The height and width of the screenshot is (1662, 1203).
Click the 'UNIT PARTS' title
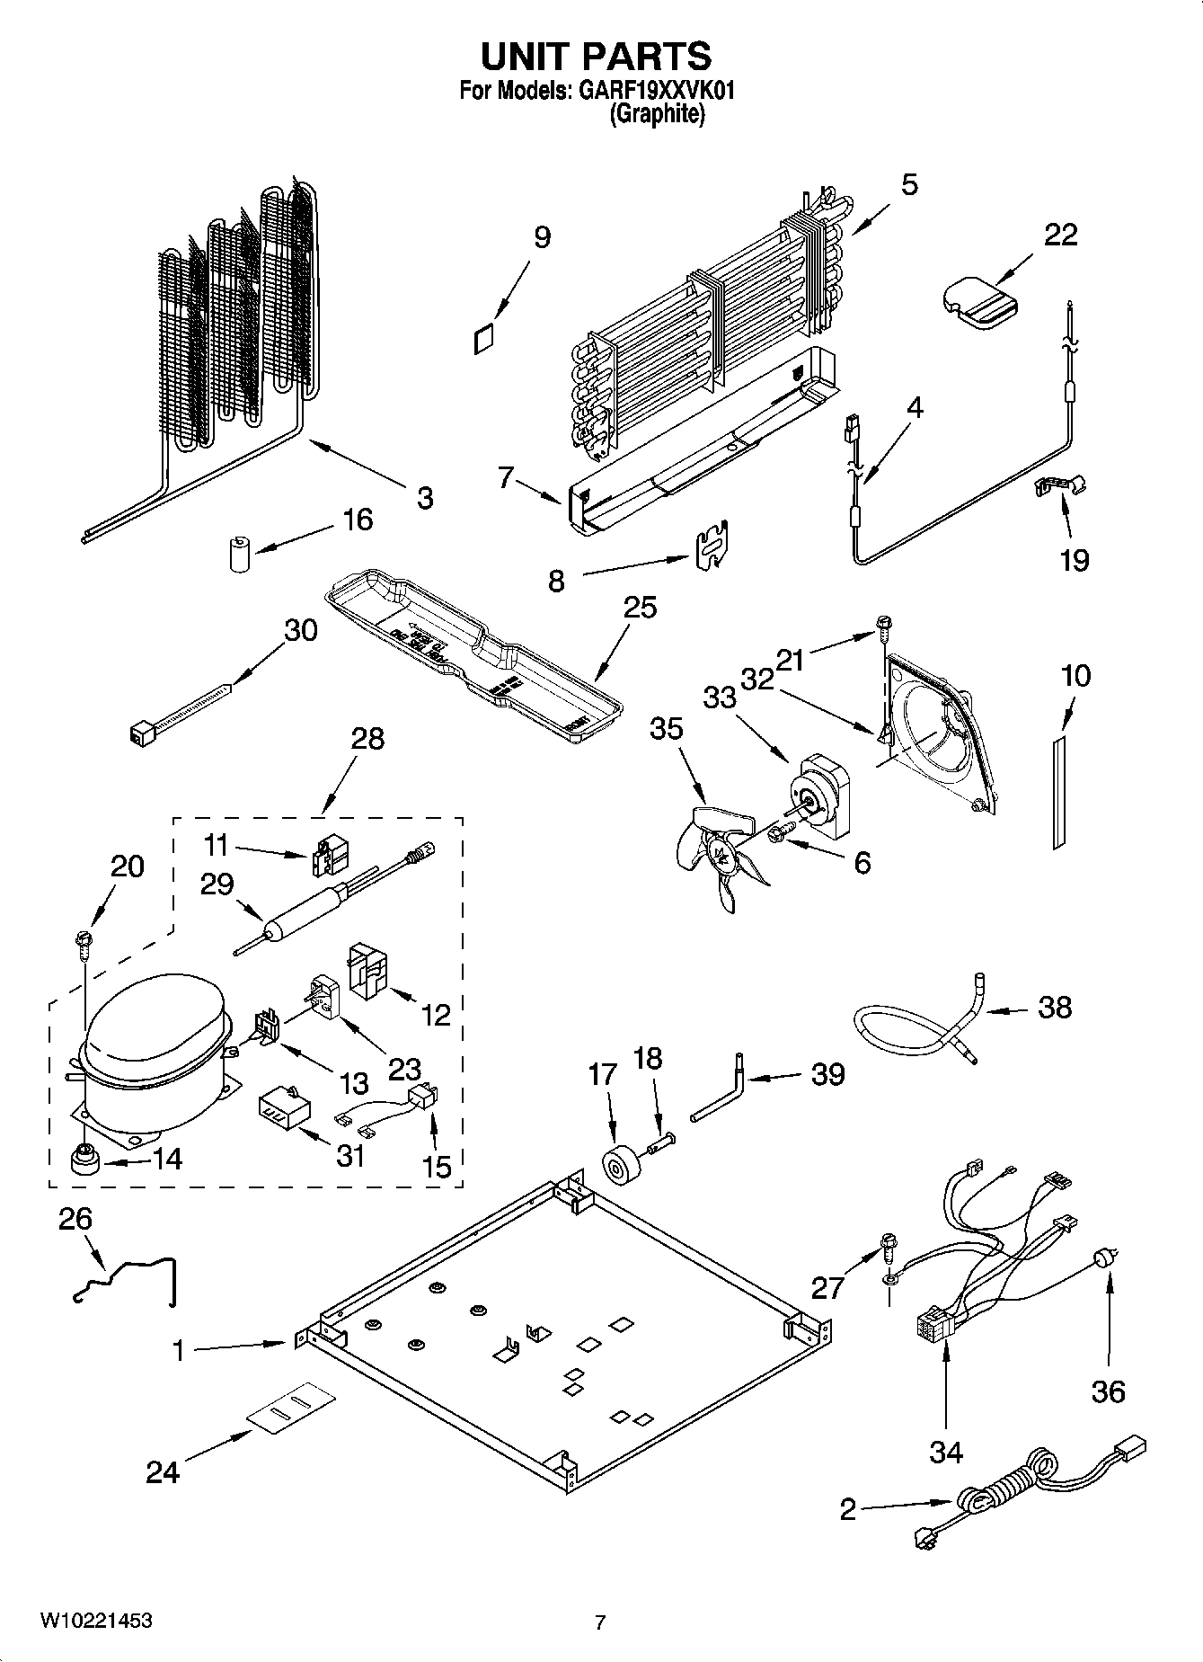[x=597, y=57]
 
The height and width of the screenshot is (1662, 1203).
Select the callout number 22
[x=1060, y=235]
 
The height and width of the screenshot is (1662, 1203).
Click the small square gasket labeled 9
[x=483, y=339]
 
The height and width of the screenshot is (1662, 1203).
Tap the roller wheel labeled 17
[x=618, y=1167]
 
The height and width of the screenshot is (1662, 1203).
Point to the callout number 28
[x=367, y=739]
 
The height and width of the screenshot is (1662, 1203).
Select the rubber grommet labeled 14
[x=84, y=1160]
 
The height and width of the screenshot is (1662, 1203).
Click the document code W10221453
[x=95, y=1622]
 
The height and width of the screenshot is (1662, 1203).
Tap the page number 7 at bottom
[x=600, y=1622]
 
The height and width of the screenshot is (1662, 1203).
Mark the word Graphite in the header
[x=657, y=114]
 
